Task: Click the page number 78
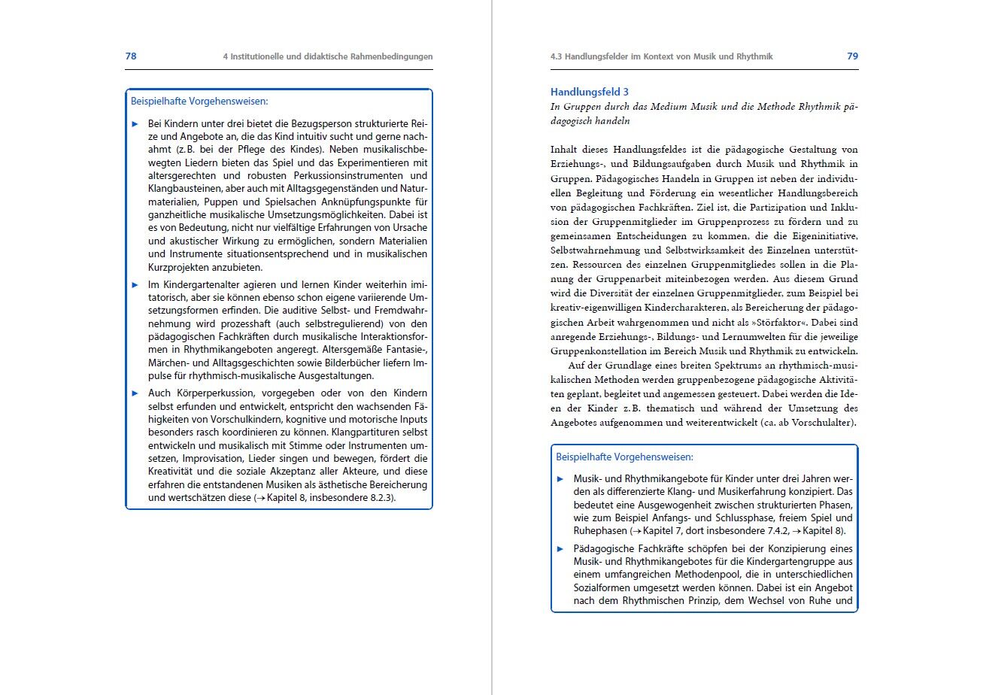pos(130,56)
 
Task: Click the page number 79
pos(852,56)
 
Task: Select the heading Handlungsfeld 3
pos(589,92)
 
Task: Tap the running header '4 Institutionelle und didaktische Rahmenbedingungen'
pos(328,56)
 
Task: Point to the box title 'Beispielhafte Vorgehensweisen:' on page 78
pos(199,101)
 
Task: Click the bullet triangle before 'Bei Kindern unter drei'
pos(135,123)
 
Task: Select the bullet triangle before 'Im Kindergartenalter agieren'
pos(135,285)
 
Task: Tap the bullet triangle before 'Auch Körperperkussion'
pos(135,393)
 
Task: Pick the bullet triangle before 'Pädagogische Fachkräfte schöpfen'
pos(560,548)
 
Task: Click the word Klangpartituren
pos(368,432)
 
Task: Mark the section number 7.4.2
pos(760,530)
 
